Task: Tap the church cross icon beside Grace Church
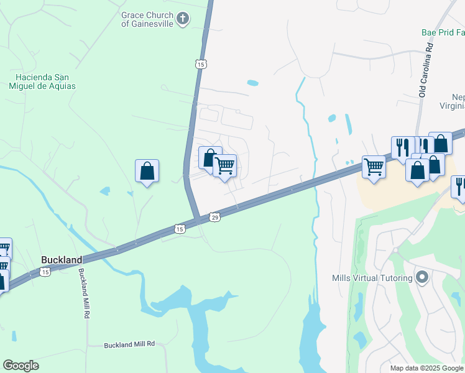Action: click(183, 19)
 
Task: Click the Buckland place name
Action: click(62, 259)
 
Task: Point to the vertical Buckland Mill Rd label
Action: click(82, 294)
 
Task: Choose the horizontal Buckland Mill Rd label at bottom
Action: click(129, 344)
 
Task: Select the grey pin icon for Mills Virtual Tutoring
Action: click(423, 277)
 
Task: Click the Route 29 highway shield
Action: click(214, 217)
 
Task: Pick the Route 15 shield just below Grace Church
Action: click(200, 63)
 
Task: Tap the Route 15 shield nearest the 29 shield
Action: click(180, 229)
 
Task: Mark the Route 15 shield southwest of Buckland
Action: click(45, 272)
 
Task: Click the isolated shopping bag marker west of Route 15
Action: click(147, 171)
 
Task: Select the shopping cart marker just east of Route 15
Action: click(224, 166)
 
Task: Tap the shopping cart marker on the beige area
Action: click(374, 167)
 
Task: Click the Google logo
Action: click(21, 366)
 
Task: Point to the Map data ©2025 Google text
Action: click(426, 368)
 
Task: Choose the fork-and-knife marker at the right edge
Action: click(460, 186)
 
